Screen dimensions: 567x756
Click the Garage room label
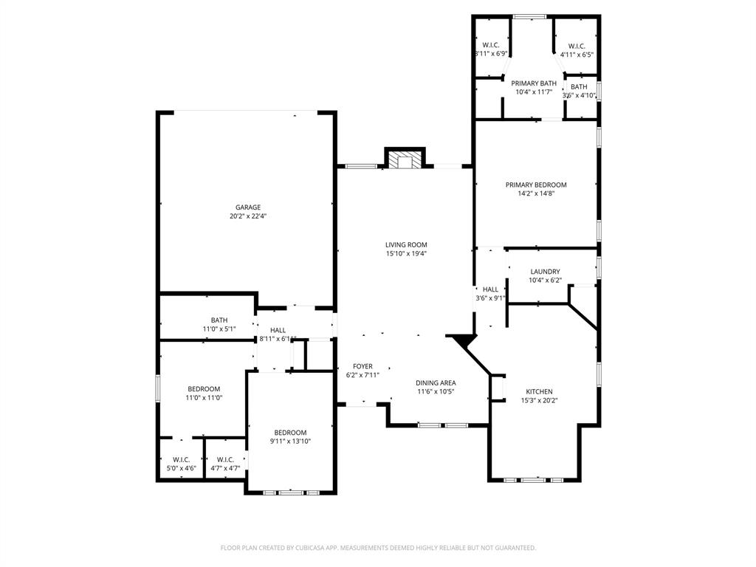point(248,207)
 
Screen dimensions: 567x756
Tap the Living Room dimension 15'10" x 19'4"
point(406,253)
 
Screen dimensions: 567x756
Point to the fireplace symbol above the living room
point(405,160)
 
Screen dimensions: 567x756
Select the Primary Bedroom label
point(536,185)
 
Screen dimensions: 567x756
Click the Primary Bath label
point(534,83)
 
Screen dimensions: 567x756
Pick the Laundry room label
point(545,272)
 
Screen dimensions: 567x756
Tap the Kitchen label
point(539,391)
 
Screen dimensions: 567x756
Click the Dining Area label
point(436,382)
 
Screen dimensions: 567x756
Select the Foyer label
point(362,366)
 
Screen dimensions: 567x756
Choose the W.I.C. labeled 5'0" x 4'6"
point(181,464)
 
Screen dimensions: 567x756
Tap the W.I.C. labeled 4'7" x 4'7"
point(225,464)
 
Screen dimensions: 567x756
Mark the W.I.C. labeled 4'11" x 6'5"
point(577,49)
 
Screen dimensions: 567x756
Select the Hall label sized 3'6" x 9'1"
point(490,294)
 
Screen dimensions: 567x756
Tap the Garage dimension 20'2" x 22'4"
point(248,216)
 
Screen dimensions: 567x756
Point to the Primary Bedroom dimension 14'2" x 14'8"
point(536,193)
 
